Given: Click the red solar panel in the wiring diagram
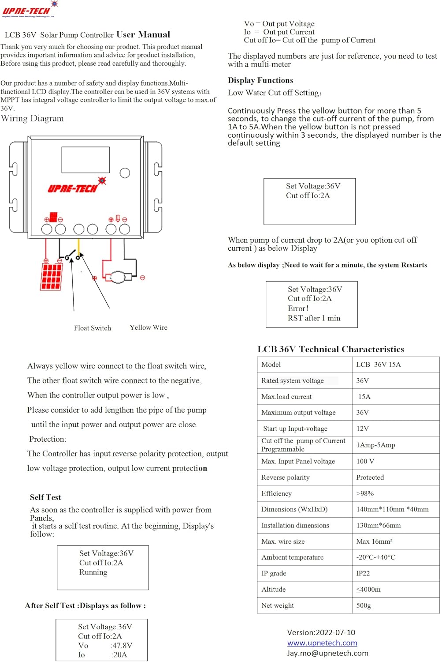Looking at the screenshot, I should click(51, 276).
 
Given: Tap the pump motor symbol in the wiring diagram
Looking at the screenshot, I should click(118, 277).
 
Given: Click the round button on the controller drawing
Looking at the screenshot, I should click(125, 173).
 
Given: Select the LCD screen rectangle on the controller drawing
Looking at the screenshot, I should click(85, 160).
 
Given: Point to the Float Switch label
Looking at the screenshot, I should click(93, 328).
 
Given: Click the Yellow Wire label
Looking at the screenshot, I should click(149, 327).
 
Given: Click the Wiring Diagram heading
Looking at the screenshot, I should click(33, 118).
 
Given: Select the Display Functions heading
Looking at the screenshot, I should click(260, 80).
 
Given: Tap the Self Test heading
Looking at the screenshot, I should click(45, 497).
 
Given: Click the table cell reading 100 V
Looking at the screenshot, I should click(365, 461).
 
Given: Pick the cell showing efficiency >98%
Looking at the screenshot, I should click(365, 493).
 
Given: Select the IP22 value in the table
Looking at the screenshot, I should click(363, 573).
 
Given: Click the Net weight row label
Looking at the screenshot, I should click(278, 606).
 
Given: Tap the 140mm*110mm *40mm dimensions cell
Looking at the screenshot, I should click(392, 509).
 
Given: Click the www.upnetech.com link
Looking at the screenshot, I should click(322, 643).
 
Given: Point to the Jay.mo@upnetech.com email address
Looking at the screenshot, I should click(327, 653).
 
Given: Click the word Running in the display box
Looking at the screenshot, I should click(93, 572).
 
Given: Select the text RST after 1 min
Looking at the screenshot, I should click(314, 318).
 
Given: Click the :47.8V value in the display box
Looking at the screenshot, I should click(121, 645).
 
